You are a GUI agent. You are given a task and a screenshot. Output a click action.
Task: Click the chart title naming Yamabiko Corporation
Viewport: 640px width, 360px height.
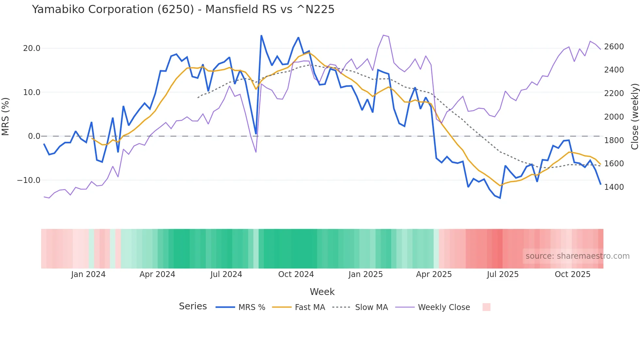click(183, 9)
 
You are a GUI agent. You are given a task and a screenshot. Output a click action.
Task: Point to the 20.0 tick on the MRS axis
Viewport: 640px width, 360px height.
click(32, 48)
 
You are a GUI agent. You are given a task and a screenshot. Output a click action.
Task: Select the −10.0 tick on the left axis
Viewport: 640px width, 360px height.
click(29, 180)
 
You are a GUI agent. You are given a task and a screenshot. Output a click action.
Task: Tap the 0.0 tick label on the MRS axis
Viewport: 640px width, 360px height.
click(34, 136)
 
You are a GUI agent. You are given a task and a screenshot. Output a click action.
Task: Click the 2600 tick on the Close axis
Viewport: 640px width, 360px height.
click(614, 47)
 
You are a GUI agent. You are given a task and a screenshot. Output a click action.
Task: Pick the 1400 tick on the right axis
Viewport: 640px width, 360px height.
click(614, 187)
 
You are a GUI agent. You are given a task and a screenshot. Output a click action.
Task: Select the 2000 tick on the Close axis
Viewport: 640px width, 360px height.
click(614, 117)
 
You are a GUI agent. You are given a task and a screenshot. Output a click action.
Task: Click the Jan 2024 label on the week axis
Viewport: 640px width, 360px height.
click(88, 274)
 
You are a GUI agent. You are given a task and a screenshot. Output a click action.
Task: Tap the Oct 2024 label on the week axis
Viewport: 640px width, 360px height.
click(296, 274)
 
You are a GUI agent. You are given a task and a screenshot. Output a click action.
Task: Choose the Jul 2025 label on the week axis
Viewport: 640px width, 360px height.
click(503, 274)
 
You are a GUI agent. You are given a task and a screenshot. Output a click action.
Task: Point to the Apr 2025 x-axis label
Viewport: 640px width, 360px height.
click(434, 274)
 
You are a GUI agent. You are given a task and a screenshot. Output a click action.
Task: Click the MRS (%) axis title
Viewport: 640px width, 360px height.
click(6, 117)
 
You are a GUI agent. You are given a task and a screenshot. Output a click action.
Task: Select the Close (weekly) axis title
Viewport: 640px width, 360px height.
click(634, 117)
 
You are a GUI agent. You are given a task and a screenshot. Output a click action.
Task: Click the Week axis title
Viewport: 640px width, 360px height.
click(322, 292)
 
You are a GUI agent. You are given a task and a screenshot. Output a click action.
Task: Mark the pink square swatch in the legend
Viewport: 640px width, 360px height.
click(486, 307)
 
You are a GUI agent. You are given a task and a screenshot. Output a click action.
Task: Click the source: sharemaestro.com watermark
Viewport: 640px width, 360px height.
click(577, 256)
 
